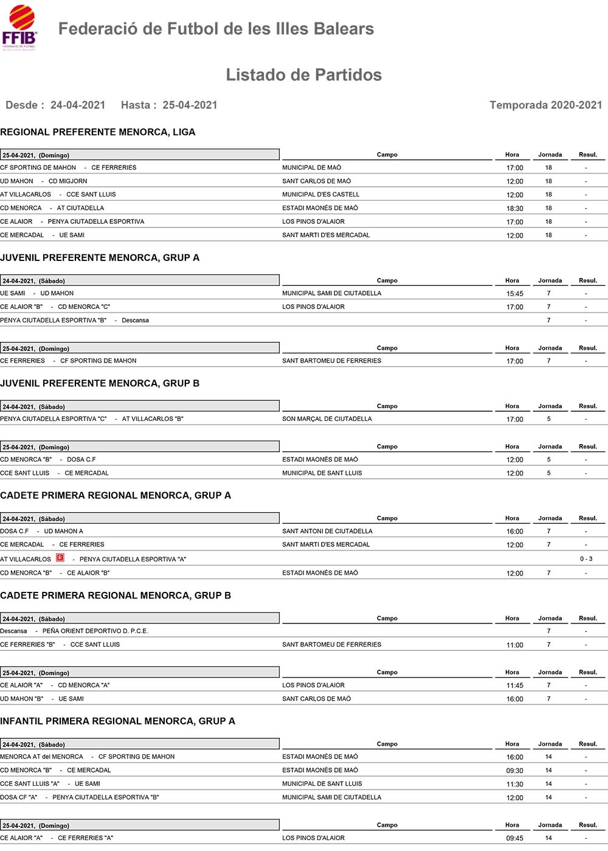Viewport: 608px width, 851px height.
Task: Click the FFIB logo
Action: [x=19, y=28]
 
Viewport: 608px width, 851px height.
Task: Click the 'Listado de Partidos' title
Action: [x=303, y=75]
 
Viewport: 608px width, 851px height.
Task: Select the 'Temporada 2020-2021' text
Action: [x=545, y=105]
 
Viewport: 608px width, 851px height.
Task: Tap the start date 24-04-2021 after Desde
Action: [x=78, y=105]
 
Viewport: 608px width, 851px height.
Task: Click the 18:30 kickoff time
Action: [x=514, y=209]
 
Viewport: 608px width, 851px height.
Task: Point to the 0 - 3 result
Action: [x=586, y=559]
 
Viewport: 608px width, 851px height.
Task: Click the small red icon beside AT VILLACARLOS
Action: [x=60, y=558]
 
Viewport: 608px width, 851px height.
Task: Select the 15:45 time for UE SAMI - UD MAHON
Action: [x=514, y=294]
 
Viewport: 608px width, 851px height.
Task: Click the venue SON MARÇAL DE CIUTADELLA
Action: [x=326, y=419]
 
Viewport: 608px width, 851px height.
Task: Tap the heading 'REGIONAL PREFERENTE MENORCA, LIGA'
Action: [x=98, y=132]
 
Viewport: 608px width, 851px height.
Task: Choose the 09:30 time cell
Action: [x=514, y=771]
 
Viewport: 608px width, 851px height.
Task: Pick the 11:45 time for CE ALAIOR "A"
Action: [x=514, y=686]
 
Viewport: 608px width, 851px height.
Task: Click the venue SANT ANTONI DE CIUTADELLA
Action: [x=327, y=532]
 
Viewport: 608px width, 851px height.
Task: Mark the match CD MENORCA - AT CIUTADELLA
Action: [x=52, y=208]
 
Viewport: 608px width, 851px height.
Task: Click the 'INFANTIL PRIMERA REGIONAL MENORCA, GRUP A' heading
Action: [x=117, y=721]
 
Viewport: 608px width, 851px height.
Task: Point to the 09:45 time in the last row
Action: [x=514, y=838]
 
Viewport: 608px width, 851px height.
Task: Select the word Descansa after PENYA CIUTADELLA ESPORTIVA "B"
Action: [x=135, y=321]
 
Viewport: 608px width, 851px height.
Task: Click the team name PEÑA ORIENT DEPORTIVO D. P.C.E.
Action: [x=95, y=631]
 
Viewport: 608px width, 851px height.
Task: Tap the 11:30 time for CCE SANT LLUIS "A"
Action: [x=514, y=784]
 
